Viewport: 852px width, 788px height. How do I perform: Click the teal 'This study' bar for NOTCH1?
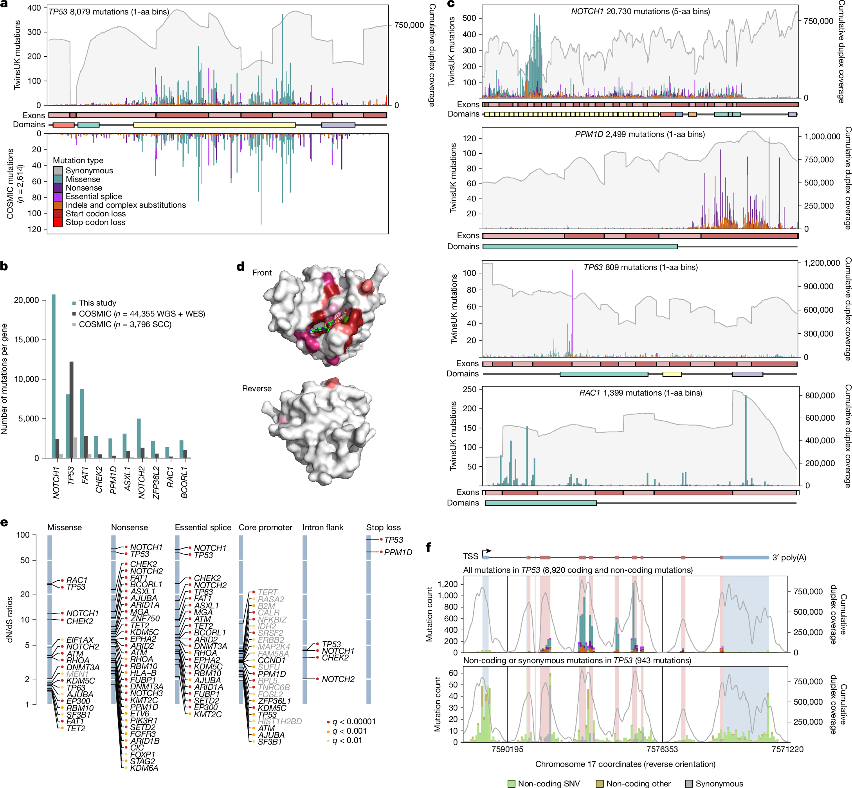click(x=53, y=375)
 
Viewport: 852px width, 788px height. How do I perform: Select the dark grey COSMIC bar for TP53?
click(x=71, y=409)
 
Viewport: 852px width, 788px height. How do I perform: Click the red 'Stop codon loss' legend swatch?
click(x=58, y=222)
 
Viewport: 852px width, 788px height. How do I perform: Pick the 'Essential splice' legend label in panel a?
click(x=94, y=196)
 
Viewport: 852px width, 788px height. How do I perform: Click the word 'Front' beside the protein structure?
click(x=261, y=273)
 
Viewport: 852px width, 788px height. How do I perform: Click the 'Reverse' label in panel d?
click(x=256, y=389)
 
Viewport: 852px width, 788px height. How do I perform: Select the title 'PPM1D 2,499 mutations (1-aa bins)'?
click(x=639, y=134)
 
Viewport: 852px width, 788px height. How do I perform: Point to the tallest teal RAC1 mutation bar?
click(x=746, y=439)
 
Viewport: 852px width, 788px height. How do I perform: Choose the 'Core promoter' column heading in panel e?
click(x=265, y=527)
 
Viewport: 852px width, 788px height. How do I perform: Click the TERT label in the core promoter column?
click(x=267, y=592)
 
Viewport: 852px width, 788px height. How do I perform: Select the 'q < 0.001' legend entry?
click(x=349, y=731)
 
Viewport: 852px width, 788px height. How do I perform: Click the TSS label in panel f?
click(x=470, y=556)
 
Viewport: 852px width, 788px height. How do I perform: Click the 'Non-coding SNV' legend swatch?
click(x=511, y=784)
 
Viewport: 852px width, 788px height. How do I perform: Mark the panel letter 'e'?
click(x=4, y=522)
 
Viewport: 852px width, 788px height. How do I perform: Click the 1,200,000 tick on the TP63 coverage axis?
click(x=822, y=263)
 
